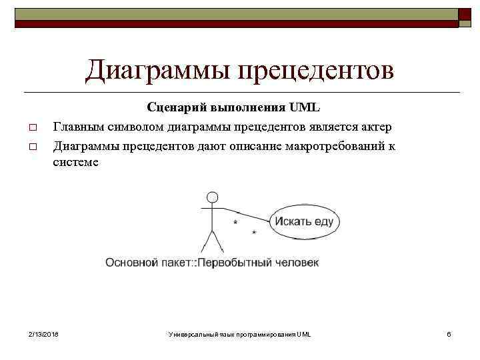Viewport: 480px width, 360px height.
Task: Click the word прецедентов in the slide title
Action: point(317,70)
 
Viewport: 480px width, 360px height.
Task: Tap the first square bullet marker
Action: point(31,127)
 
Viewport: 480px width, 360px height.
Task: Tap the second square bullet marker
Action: point(31,147)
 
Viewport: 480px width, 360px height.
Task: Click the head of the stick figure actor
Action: point(212,197)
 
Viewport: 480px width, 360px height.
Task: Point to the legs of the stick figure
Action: point(212,240)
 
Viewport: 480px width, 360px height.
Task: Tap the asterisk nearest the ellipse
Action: point(254,232)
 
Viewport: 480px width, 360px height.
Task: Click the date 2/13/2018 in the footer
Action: point(43,333)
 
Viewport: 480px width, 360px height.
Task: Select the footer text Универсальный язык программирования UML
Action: point(240,333)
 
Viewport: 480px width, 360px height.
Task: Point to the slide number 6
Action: point(449,333)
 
